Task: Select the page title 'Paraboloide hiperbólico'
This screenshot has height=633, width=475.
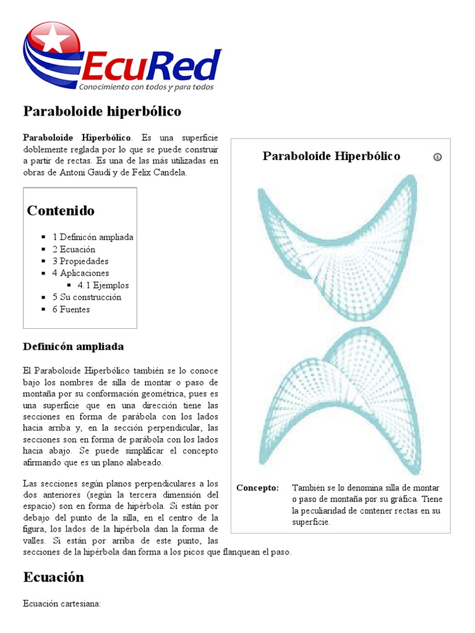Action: pos(102,111)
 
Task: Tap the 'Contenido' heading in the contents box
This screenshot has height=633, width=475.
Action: pos(61,211)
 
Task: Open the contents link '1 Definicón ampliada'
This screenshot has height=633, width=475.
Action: pos(93,237)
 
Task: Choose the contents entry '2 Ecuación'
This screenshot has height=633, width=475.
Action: pos(74,249)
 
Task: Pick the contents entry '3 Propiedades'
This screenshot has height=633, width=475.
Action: pos(80,261)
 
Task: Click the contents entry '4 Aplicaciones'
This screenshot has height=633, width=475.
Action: pos(80,273)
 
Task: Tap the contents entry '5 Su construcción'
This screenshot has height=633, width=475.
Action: pos(87,297)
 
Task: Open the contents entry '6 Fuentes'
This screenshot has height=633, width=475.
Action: pos(71,309)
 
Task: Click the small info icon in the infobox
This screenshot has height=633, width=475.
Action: pos(437,157)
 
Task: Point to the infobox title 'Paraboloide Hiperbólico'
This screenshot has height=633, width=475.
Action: pos(331,156)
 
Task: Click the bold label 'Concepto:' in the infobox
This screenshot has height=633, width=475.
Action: pos(257,488)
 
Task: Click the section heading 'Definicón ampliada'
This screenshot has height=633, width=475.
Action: pos(73,346)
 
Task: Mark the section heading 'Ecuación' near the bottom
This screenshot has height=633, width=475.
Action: pos(53,577)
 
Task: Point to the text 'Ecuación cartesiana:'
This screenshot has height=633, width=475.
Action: pos(61,603)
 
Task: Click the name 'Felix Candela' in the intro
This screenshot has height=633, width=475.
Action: pos(160,172)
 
